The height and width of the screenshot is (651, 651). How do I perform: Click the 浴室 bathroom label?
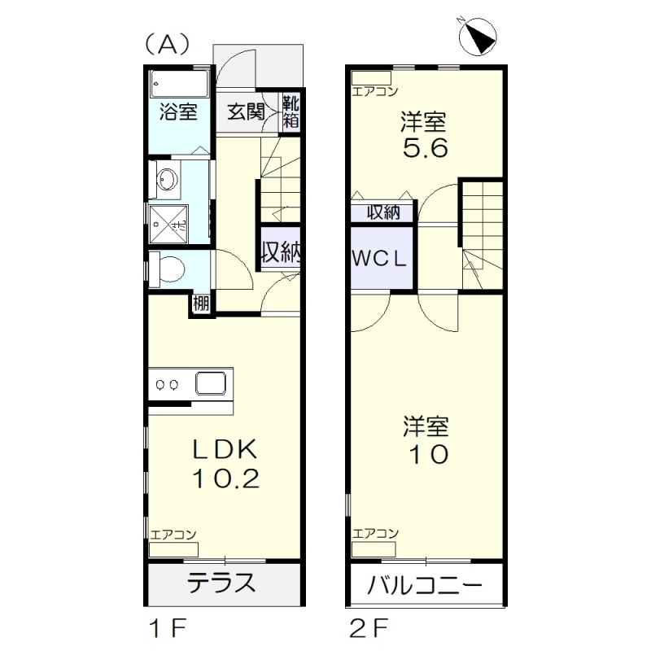(x=178, y=111)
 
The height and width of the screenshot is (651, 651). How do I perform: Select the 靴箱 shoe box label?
(x=291, y=111)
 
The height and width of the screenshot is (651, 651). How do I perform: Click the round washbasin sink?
(x=166, y=180)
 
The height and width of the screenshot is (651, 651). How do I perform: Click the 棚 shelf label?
(x=201, y=304)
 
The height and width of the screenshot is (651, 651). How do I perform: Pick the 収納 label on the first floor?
(x=281, y=251)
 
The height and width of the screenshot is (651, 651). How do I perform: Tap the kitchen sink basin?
(x=213, y=382)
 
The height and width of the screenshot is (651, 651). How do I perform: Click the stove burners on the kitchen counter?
(x=168, y=383)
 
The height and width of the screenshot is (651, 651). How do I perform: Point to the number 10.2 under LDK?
(x=225, y=478)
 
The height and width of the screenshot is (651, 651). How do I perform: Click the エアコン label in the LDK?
(x=173, y=535)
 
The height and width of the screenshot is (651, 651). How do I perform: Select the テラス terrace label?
(x=223, y=583)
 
